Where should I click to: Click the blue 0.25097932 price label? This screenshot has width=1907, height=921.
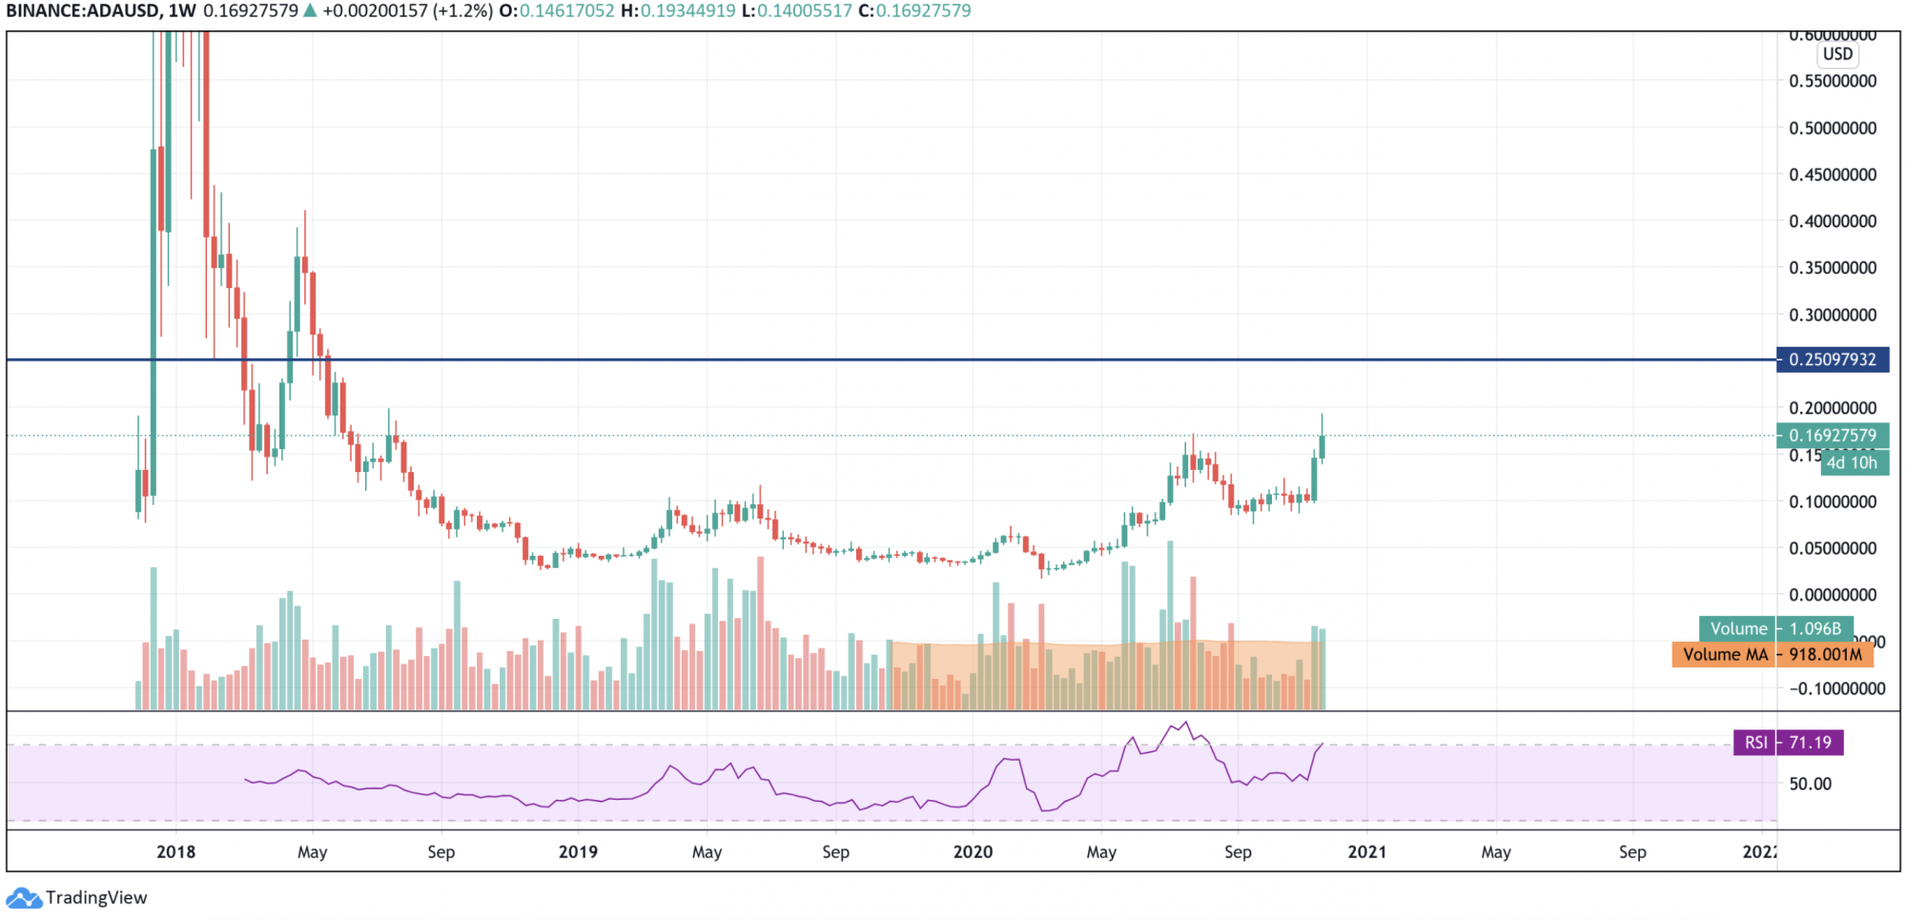pyautogui.click(x=1832, y=359)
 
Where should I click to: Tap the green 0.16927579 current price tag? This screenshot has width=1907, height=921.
pyautogui.click(x=1832, y=436)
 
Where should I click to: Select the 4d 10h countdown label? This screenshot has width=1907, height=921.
pyautogui.click(x=1851, y=463)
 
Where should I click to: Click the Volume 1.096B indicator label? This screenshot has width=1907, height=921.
pyautogui.click(x=1774, y=629)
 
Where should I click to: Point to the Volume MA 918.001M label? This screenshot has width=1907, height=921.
pyautogui.click(x=1771, y=655)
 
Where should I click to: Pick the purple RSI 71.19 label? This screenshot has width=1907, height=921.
pyautogui.click(x=1787, y=743)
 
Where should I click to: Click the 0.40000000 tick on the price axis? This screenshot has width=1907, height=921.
pyautogui.click(x=1832, y=221)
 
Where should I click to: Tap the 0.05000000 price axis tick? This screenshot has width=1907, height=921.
pyautogui.click(x=1832, y=548)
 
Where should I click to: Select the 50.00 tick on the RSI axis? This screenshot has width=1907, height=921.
pyautogui.click(x=1810, y=784)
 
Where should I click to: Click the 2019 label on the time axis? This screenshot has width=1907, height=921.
pyautogui.click(x=578, y=851)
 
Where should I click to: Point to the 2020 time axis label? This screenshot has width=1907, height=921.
pyautogui.click(x=973, y=851)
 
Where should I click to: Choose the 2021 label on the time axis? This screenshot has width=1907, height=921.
pyautogui.click(x=1366, y=851)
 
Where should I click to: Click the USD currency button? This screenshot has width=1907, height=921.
pyautogui.click(x=1837, y=54)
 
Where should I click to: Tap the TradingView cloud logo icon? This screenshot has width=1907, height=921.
pyautogui.click(x=24, y=898)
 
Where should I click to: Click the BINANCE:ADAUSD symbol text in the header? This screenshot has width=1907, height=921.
pyautogui.click(x=82, y=11)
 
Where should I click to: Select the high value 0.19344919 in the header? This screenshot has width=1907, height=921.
pyautogui.click(x=687, y=11)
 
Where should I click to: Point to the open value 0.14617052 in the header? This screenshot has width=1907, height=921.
pyautogui.click(x=566, y=11)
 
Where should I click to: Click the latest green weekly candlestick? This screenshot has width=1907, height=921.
pyautogui.click(x=1322, y=446)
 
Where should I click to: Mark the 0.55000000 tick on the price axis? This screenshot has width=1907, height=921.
pyautogui.click(x=1832, y=81)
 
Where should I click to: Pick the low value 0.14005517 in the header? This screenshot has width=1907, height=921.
pyautogui.click(x=805, y=11)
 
